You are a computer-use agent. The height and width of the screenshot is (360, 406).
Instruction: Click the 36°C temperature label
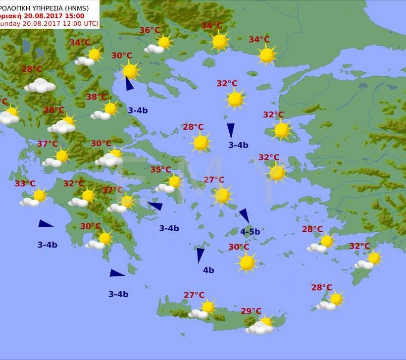tap(150, 30)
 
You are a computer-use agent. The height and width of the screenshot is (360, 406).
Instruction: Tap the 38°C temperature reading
tap(97, 97)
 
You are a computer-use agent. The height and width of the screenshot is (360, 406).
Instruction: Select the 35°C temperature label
tap(161, 170)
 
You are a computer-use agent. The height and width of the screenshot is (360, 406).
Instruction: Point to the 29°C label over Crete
tap(251, 311)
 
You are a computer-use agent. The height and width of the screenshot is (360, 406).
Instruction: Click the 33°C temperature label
tap(25, 184)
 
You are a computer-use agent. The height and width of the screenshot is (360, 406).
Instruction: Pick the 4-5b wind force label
tap(250, 231)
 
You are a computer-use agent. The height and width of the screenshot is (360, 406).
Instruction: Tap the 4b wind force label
tap(208, 270)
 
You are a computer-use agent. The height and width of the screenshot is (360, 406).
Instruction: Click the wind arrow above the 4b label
tap(200, 255)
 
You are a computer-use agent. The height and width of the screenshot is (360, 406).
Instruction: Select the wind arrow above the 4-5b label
tap(244, 215)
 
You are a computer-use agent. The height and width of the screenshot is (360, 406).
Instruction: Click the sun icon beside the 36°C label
tap(163, 43)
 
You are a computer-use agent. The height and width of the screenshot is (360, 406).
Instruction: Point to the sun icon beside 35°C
tap(174, 182)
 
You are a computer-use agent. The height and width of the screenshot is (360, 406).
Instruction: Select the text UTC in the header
tap(90, 24)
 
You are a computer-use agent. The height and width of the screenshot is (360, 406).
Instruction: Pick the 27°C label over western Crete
tap(194, 295)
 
